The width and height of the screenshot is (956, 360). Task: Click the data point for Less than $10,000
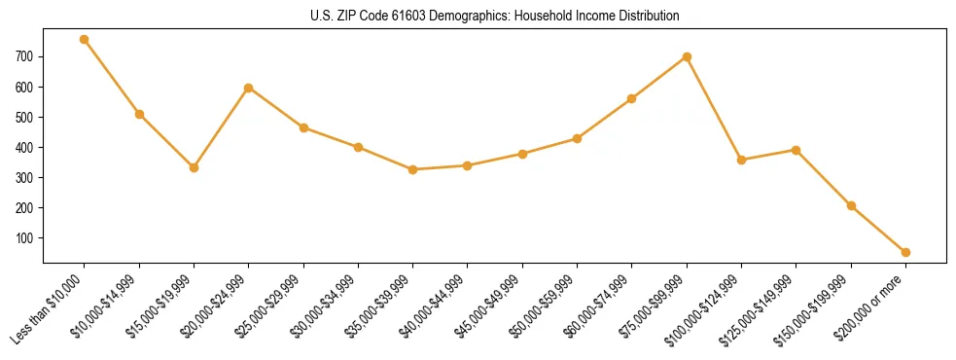point(85,40)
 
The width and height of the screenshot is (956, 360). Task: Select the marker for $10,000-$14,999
point(139,114)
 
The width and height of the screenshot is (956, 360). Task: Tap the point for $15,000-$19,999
point(194,167)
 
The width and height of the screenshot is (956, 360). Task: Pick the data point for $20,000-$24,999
point(249,88)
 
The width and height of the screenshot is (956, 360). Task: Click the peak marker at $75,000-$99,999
point(687,56)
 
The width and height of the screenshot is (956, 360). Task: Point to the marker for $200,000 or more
point(905,252)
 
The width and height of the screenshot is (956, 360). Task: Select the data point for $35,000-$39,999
point(412,169)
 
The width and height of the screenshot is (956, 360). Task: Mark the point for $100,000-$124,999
point(741,160)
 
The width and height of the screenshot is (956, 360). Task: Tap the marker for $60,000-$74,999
point(632,98)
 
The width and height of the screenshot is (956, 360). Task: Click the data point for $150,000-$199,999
point(851,205)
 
